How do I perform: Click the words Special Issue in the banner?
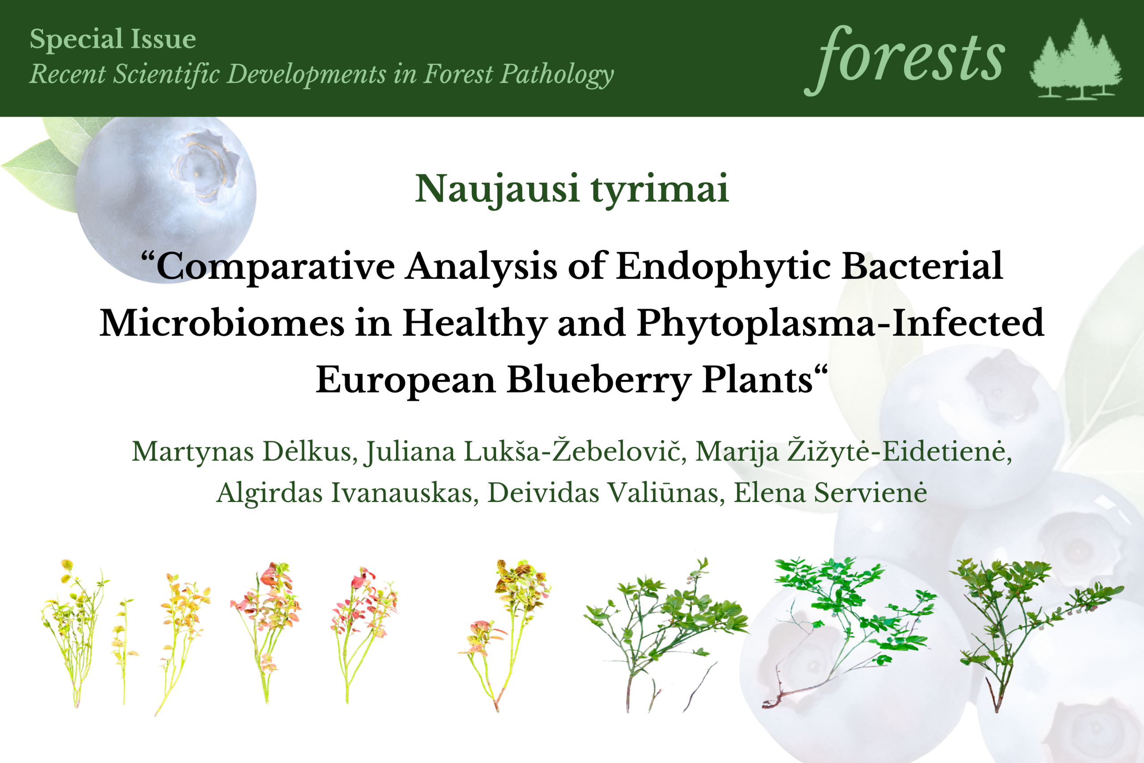click(x=113, y=39)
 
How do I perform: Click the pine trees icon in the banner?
click(x=1076, y=59)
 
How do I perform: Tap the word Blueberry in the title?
click(x=598, y=381)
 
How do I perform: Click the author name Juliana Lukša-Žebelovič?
click(x=526, y=451)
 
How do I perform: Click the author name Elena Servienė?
click(x=830, y=493)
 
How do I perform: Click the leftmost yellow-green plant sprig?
click(x=73, y=632)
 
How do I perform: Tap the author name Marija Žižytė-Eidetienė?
click(x=854, y=451)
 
